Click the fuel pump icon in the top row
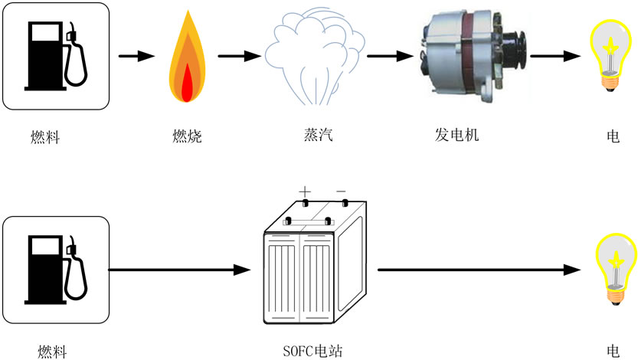point(55,55)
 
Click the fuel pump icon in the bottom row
point(55,270)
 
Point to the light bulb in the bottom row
point(615,268)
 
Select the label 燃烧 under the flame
point(187,137)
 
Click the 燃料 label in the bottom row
point(52,352)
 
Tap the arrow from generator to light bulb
point(555,56)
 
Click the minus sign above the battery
point(341,191)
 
